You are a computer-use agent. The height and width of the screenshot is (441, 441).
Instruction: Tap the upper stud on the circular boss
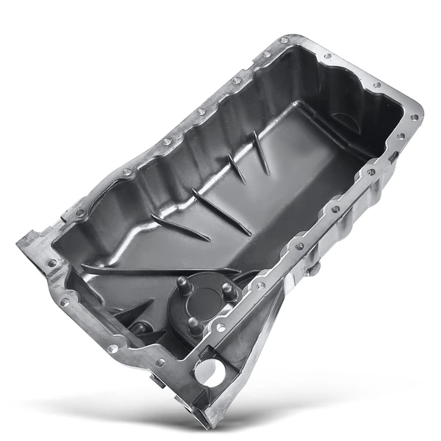[x=181, y=282]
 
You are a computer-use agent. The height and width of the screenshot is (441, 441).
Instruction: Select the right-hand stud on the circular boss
[x=227, y=293]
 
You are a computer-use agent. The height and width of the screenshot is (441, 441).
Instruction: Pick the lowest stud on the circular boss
[x=193, y=323]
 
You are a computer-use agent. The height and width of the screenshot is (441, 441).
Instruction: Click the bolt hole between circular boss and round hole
[x=220, y=328]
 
